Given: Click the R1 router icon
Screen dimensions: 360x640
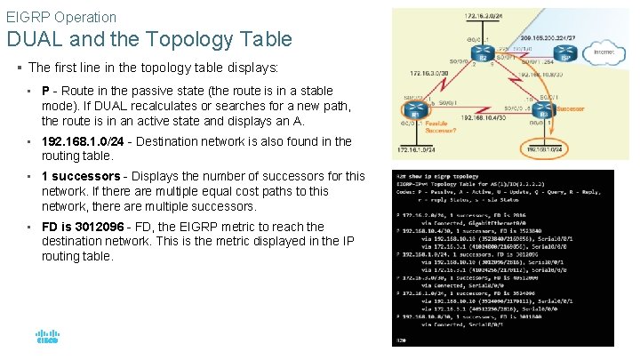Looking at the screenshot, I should click(415, 113).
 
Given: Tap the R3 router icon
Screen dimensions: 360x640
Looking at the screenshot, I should click(543, 113).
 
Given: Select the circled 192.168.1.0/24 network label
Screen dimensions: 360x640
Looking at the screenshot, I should click(545, 150).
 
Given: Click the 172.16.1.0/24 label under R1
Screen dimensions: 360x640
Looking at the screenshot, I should click(412, 150).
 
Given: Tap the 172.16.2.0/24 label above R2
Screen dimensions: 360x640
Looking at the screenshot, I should click(481, 16).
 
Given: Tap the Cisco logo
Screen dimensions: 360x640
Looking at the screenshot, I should click(47, 338).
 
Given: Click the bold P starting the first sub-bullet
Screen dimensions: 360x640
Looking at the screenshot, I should click(45, 91).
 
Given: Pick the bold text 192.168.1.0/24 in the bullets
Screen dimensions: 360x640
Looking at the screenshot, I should click(84, 141).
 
